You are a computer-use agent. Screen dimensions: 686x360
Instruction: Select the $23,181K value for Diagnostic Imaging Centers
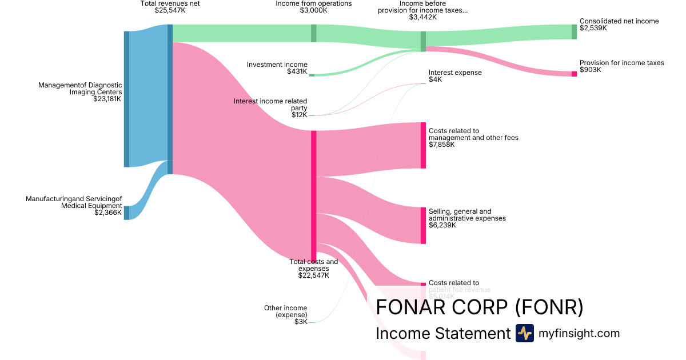click(107, 99)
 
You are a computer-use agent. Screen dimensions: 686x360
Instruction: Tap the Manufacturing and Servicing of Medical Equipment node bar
click(126, 213)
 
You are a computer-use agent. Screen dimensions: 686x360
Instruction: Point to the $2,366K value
click(108, 213)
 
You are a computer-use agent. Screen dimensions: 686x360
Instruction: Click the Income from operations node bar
click(313, 33)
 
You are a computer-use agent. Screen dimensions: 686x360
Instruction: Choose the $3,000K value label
click(314, 10)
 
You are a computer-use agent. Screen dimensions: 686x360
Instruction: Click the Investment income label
click(277, 65)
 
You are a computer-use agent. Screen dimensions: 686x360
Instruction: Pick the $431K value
click(297, 71)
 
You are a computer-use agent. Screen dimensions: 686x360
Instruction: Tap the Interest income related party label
click(270, 104)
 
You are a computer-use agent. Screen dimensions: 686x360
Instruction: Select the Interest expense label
click(455, 73)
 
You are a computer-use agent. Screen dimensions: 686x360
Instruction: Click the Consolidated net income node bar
click(574, 31)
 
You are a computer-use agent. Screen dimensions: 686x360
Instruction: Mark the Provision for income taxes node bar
click(574, 74)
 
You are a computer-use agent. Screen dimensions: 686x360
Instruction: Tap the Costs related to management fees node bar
click(423, 145)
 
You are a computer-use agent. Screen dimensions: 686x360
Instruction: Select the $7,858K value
click(442, 145)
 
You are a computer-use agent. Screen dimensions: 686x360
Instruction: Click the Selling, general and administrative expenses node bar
click(423, 225)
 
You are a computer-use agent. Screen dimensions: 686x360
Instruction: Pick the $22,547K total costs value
click(313, 275)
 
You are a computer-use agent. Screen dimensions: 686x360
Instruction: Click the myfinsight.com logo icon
click(524, 333)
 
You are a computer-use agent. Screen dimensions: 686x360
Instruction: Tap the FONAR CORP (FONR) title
click(479, 307)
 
